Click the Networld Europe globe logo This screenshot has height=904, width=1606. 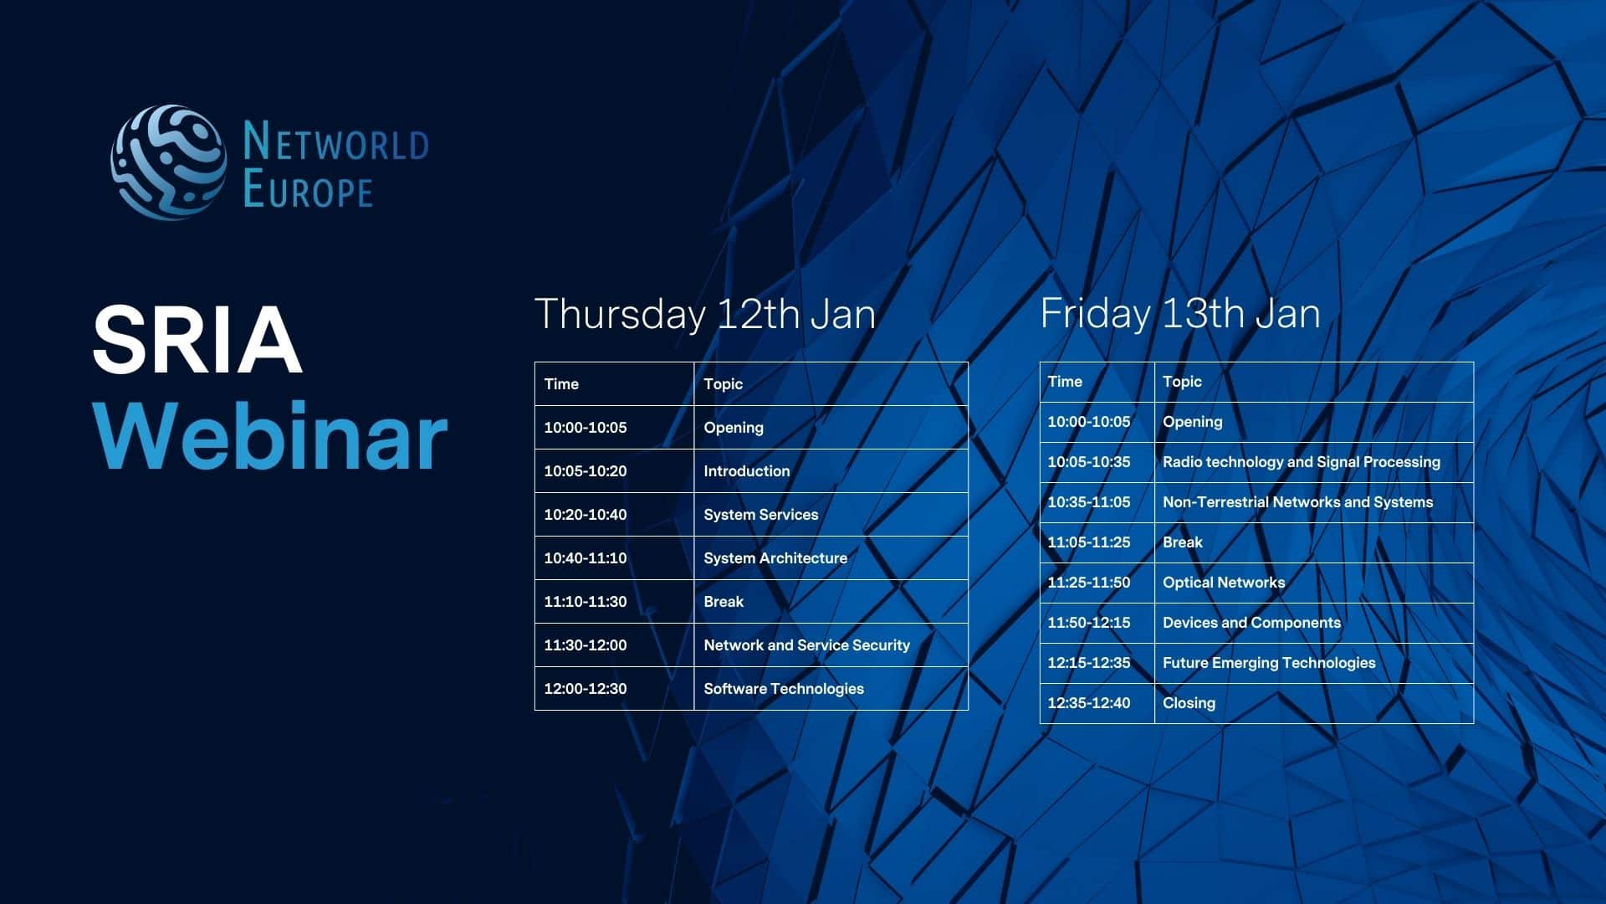point(168,162)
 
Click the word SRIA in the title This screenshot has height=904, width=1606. point(197,339)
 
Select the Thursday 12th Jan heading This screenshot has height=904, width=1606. point(705,314)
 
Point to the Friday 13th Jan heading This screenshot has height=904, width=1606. point(1180,314)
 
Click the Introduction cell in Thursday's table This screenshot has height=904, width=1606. point(831,471)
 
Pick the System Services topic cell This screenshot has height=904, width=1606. point(831,515)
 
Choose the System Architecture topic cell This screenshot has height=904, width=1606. point(831,558)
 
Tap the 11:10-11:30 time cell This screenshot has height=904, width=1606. point(615,602)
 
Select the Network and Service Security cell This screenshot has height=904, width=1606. point(831,645)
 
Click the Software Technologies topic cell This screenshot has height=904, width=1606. point(831,689)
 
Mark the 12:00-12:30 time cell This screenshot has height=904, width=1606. point(615,689)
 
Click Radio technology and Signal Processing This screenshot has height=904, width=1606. point(1314,462)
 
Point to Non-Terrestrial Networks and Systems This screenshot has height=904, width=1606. point(1314,502)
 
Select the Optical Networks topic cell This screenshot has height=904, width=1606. point(1314,583)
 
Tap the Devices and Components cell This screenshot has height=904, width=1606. point(1314,623)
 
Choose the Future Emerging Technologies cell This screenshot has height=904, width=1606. point(1314,663)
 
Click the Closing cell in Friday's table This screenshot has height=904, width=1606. point(1314,703)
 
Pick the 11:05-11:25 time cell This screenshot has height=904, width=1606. point(1097,542)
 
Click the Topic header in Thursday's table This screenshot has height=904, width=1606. point(831,384)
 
